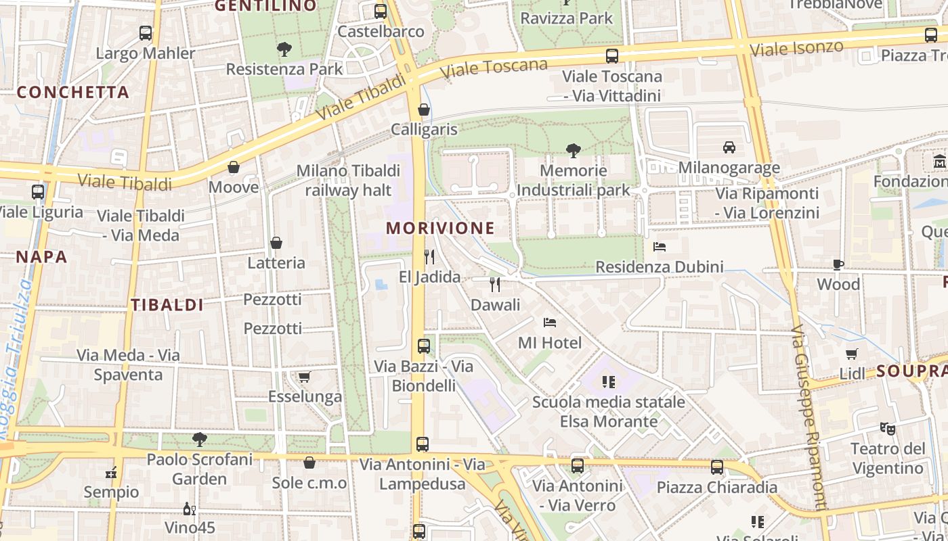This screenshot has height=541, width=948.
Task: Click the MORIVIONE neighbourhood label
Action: (440, 228)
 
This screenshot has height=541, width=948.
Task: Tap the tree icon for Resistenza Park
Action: (284, 49)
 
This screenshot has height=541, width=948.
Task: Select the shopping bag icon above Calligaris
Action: (424, 110)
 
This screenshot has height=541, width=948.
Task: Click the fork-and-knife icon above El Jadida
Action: (429, 257)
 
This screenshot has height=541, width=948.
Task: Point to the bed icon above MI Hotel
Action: (550, 323)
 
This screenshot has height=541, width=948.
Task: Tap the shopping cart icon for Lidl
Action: (852, 354)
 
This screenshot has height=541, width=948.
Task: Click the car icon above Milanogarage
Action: (729, 147)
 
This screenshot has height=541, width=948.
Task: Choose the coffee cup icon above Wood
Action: (838, 264)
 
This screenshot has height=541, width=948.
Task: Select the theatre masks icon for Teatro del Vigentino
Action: (887, 428)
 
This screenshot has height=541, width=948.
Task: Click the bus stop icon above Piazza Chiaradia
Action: (717, 467)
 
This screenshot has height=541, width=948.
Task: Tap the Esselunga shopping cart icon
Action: (305, 377)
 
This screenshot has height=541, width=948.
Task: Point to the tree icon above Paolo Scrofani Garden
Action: (199, 440)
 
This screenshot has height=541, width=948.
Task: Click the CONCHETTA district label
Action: (72, 93)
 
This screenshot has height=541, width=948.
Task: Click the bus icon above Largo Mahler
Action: (146, 32)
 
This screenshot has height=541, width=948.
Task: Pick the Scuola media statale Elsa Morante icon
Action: (608, 382)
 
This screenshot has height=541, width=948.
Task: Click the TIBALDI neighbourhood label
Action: (167, 305)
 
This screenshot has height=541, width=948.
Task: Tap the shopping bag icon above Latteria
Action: (276, 243)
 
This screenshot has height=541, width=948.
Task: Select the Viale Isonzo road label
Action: (796, 48)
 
